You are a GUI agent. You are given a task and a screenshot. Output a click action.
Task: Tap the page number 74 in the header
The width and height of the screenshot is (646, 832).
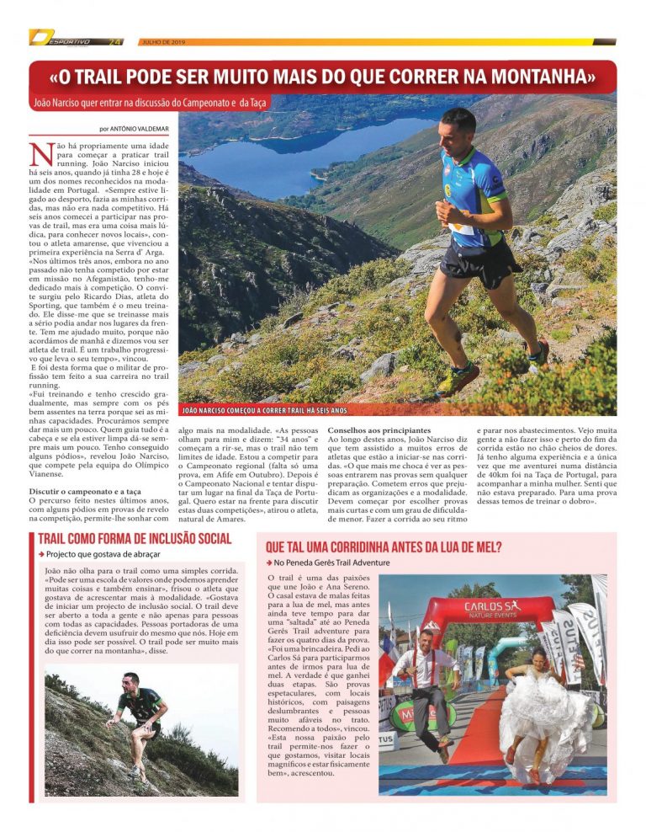[115, 41]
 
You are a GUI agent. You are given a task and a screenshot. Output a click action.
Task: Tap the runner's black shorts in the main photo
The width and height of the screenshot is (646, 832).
[476, 262]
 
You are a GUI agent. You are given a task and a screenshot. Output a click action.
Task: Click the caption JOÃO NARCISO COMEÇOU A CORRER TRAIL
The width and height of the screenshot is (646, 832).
[263, 410]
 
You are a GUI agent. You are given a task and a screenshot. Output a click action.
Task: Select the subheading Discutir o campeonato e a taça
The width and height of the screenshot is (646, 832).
[85, 490]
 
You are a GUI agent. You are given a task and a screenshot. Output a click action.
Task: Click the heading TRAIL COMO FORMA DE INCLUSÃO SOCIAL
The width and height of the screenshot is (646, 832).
[135, 539]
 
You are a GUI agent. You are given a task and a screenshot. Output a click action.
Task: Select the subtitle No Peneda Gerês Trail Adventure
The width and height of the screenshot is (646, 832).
[331, 562]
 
